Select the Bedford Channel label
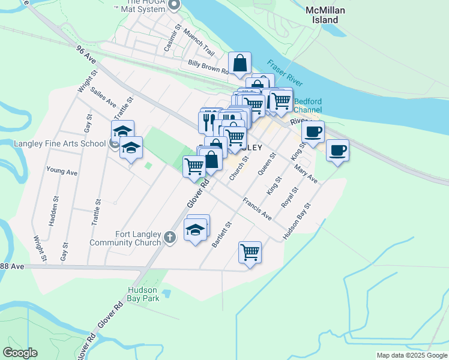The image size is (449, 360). pos(307,106)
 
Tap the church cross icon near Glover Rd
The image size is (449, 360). pos(170,238)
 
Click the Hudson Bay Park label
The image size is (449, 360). pos(143,293)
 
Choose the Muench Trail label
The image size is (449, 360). pos(199,41)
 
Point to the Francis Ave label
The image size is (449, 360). pos(257,208)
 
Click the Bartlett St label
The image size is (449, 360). pos(221,235)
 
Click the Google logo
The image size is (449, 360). pos(20,353)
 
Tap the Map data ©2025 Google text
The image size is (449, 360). pos(412,355)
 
